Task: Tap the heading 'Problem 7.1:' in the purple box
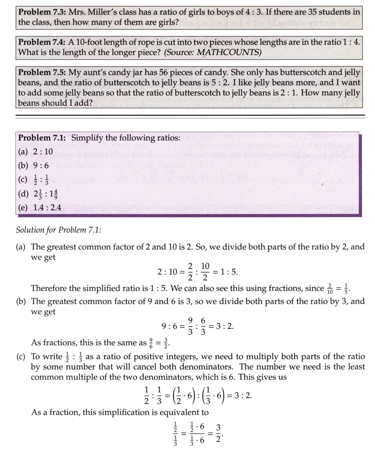[x=42, y=138]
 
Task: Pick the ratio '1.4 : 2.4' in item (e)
[x=47, y=207]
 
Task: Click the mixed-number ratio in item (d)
[x=46, y=193]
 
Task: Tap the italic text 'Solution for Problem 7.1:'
[x=58, y=230]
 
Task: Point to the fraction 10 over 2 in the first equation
[x=205, y=272]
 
